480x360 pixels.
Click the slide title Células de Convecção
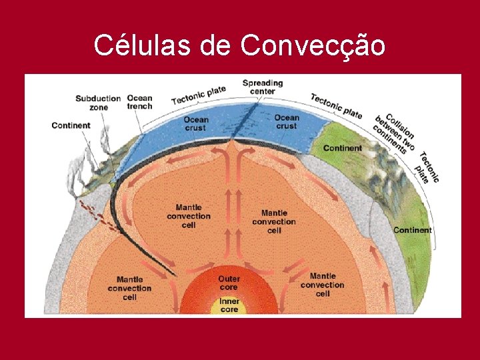click(x=239, y=45)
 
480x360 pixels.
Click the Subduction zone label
click(x=97, y=103)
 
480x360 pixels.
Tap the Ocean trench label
click(x=139, y=102)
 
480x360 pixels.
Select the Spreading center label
click(x=262, y=87)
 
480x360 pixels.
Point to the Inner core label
click(x=229, y=306)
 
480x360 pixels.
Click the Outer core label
click(x=229, y=283)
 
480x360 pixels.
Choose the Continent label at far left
click(x=71, y=125)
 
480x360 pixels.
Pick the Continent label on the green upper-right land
click(x=343, y=148)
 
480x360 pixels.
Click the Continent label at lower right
click(x=412, y=230)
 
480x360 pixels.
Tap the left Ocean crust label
click(x=196, y=124)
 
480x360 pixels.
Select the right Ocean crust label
click(x=286, y=122)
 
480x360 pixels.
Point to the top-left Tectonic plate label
click(x=199, y=94)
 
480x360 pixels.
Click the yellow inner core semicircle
click(x=229, y=307)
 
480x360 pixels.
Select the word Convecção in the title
click(x=312, y=45)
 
